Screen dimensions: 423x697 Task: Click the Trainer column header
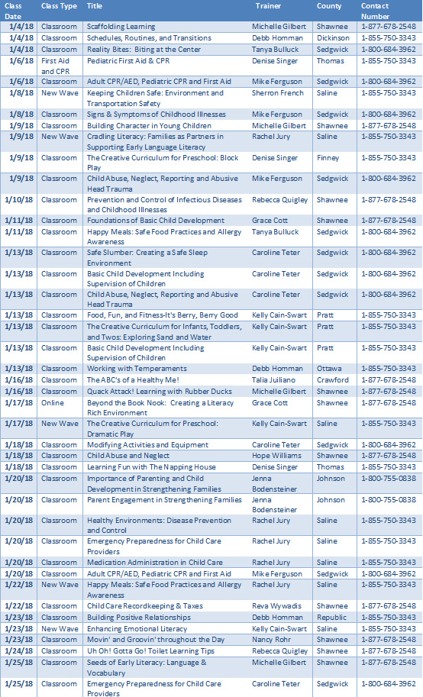pos(268,5)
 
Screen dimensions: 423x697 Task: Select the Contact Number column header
pos(376,10)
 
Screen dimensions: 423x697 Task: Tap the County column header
pos(329,5)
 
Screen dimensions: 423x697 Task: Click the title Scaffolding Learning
pos(121,27)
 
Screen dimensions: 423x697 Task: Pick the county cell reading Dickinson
pos(333,37)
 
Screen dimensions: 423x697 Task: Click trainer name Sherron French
pos(279,93)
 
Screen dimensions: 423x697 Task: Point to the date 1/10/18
pos(21,200)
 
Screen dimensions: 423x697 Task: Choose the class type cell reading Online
pos(53,402)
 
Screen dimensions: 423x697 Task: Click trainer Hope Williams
pos(276,456)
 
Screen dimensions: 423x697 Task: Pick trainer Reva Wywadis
pos(276,606)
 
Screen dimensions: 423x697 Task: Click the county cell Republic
pos(331,617)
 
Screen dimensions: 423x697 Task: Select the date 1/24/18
pos(21,650)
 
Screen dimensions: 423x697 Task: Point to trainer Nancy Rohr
pos(272,640)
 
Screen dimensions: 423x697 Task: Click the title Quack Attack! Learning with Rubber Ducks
pos(149,391)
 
